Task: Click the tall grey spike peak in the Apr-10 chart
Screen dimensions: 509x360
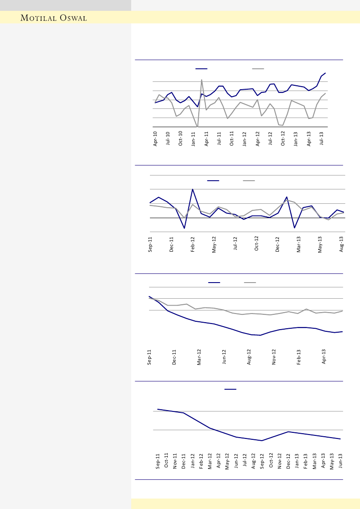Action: [201, 80]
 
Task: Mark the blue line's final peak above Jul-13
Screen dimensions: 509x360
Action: [325, 73]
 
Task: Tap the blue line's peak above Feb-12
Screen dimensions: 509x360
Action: [193, 189]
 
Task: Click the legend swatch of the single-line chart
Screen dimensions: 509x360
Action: [230, 389]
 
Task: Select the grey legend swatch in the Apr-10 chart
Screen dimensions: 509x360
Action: [258, 68]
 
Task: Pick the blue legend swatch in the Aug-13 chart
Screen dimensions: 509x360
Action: [213, 180]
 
